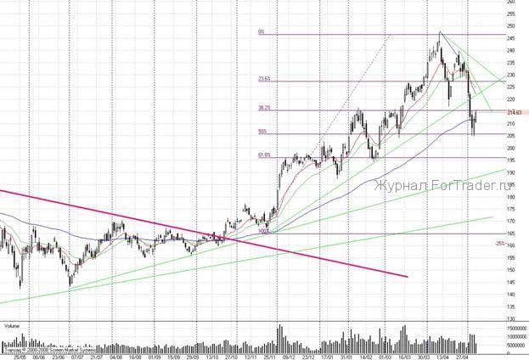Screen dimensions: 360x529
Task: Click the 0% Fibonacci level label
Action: coord(262,33)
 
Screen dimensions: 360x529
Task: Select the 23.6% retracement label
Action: coord(264,79)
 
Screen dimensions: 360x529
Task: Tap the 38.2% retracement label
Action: coord(264,109)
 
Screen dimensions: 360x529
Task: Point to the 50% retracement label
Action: coord(262,132)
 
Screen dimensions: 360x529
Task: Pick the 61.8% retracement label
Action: coord(264,155)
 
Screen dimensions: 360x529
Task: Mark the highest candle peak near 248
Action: coord(440,33)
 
